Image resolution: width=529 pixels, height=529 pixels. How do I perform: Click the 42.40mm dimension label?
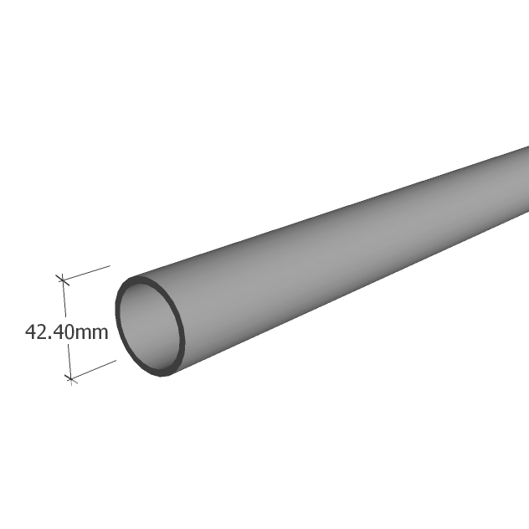67,331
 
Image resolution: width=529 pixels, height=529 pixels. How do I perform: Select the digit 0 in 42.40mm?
68,331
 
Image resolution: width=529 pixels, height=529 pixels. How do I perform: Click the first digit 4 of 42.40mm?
31,331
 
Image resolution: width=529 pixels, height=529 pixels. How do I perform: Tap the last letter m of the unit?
100,334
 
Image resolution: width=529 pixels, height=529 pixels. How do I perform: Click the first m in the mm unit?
82,334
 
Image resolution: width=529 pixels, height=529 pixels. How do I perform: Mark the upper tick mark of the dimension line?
63,280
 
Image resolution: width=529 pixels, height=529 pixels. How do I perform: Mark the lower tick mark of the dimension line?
70,378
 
